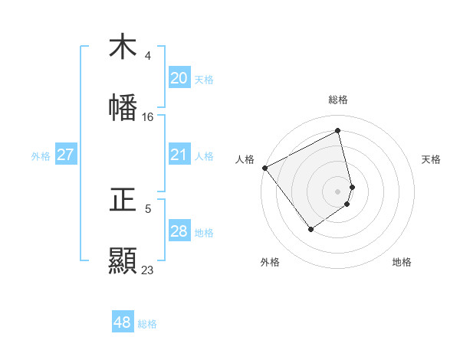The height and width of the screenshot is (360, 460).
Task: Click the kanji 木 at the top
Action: coord(123,47)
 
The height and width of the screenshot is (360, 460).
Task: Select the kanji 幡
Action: coord(123,107)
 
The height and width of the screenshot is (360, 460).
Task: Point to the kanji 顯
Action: coord(123,260)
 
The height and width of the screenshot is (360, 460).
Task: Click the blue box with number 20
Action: coord(179,78)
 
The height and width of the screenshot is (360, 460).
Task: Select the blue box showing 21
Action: coord(179,155)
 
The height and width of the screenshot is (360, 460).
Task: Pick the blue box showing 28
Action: coord(179,231)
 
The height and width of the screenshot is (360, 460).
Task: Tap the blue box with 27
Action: coord(65,155)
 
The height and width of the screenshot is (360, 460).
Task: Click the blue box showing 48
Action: coord(122,322)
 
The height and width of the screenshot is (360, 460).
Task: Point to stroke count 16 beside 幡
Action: coord(147,117)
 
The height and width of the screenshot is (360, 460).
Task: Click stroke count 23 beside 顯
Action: coord(147,270)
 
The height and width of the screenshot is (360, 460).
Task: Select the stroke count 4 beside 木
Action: coord(147,56)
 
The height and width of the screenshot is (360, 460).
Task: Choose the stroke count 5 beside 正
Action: coord(147,208)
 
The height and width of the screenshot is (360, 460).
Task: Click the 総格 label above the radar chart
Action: coord(338,100)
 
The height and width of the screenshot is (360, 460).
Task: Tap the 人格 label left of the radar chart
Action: coord(245,159)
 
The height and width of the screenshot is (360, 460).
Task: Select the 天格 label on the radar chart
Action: coord(431,159)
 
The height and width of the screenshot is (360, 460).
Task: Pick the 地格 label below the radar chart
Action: coord(402,262)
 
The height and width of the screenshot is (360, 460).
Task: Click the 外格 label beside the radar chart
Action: coord(270,262)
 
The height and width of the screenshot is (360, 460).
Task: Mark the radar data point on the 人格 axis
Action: coord(264,167)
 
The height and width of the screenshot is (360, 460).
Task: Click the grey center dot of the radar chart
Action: coord(338,191)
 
